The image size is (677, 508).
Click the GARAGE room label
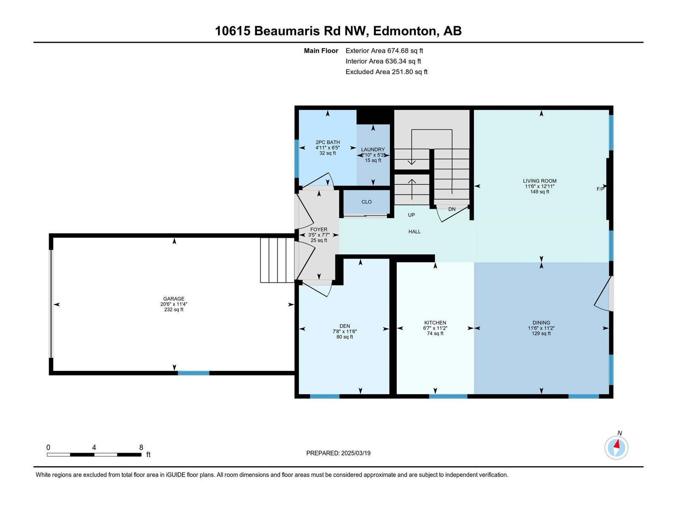coord(173,298)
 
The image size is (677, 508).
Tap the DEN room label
coord(344,326)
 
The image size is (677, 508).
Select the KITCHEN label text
coord(435,323)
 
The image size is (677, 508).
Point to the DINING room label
coord(541,323)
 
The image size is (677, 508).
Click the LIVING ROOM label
coord(539,181)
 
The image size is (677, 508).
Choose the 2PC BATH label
coord(327,142)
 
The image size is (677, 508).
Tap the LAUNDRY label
coord(373,149)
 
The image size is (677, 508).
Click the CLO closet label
coord(366,202)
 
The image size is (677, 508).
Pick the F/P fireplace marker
coord(600,189)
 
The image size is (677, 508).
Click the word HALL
coord(414,232)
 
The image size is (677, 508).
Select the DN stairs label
coord(451,209)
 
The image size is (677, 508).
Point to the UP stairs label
coord(411,215)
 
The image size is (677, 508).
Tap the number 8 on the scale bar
coord(141,447)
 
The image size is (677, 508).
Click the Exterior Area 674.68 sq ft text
coord(384,50)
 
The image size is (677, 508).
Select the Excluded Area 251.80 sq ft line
coord(386,72)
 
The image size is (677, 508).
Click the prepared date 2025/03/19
coord(355,453)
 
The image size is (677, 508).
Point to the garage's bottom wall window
coord(193,373)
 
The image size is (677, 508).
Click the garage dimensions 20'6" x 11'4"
coord(173,304)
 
